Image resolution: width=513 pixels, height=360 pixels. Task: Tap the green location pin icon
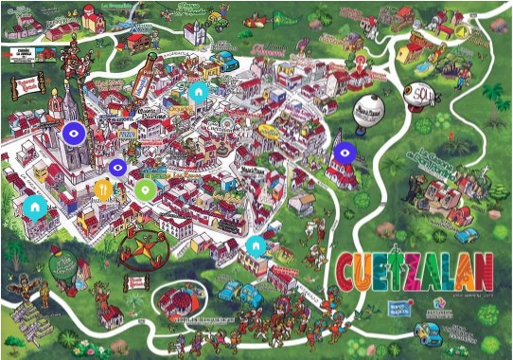pos(144,189)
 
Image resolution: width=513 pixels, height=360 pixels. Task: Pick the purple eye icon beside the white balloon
pos(345,152)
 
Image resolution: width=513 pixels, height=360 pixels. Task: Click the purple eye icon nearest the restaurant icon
pos(117,169)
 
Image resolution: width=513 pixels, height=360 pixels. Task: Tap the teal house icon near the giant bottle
pos(198,93)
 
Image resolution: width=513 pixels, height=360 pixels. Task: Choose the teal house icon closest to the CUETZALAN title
pos(255,246)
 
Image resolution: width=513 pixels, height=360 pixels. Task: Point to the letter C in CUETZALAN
pos(347,271)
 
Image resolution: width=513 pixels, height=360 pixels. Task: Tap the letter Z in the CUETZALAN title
pos(409,271)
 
